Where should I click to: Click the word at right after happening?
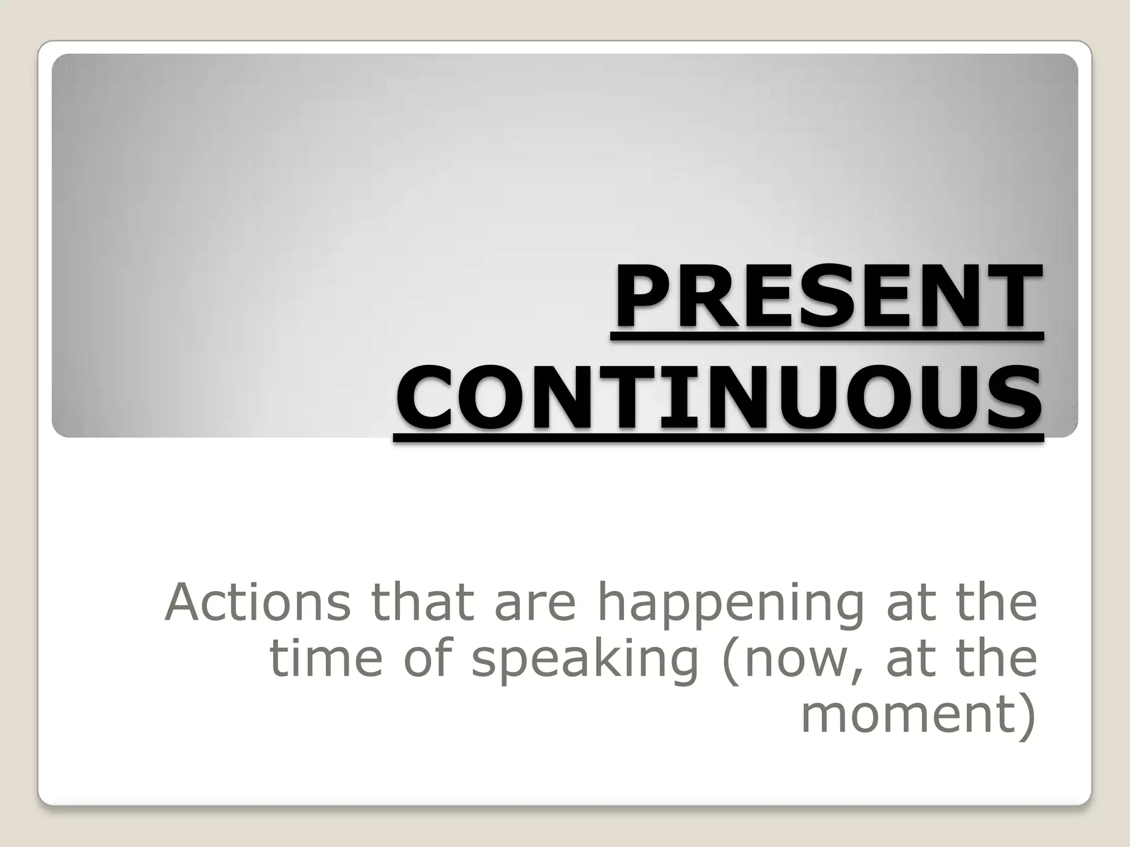point(904,603)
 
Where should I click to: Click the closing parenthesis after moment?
point(1027,715)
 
